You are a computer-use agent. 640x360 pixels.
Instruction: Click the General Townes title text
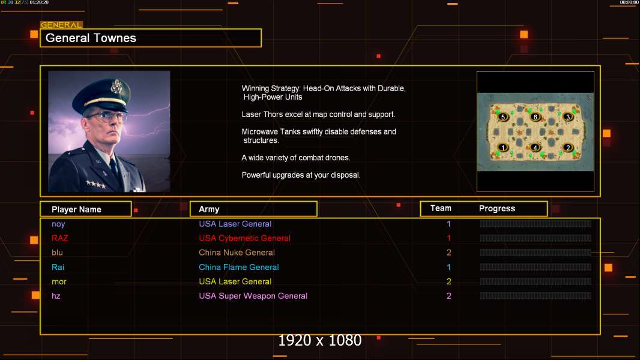click(91, 38)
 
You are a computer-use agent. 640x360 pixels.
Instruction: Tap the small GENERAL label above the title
click(61, 25)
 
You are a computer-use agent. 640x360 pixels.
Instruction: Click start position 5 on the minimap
click(503, 117)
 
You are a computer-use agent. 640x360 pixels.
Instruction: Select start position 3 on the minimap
click(568, 117)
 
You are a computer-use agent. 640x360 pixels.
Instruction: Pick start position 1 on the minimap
click(503, 148)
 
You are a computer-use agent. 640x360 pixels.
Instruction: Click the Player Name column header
click(76, 209)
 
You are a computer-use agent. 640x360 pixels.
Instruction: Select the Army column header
click(209, 209)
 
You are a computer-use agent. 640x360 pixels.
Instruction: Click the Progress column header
click(497, 209)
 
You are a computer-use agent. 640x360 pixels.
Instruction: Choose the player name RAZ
click(59, 238)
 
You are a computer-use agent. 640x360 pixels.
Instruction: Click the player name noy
click(58, 224)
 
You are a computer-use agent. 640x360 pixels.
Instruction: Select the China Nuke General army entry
click(237, 253)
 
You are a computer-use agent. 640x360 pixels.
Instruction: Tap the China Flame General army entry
click(239, 267)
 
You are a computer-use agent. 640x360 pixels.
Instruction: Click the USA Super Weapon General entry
click(253, 296)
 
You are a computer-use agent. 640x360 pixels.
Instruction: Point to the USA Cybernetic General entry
click(244, 238)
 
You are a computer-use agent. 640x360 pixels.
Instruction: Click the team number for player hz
click(448, 296)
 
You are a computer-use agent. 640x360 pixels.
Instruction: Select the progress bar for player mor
click(535, 281)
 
